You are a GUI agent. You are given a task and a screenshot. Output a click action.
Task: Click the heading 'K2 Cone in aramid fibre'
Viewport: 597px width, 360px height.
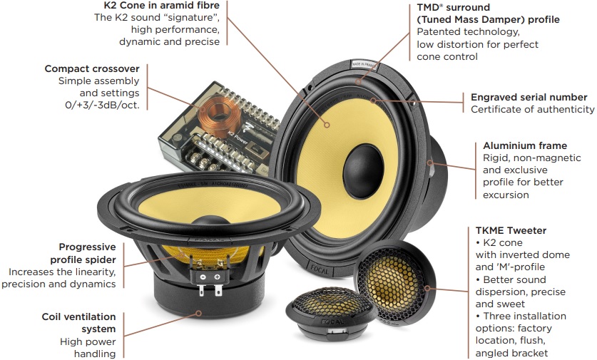point(162,5)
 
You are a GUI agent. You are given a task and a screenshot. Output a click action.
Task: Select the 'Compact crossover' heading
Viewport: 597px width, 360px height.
point(92,69)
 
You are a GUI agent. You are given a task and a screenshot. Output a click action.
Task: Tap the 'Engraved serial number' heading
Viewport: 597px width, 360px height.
point(529,98)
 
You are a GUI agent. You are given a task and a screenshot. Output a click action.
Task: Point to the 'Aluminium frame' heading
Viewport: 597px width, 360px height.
point(525,145)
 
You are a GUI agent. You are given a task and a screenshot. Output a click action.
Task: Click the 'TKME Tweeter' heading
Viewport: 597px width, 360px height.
point(511,230)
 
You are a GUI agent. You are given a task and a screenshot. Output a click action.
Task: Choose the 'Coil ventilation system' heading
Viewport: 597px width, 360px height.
point(78,323)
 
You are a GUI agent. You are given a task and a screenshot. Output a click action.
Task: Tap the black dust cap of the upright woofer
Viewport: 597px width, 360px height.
point(363,171)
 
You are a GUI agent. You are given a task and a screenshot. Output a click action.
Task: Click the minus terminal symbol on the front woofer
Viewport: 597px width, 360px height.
point(203,277)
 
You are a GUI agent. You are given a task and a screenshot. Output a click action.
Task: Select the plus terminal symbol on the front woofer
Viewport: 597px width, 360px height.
point(217,277)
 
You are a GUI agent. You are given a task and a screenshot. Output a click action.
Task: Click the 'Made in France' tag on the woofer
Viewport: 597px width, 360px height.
point(364,65)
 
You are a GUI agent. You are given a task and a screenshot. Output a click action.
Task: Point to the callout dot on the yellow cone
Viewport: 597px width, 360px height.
point(327,125)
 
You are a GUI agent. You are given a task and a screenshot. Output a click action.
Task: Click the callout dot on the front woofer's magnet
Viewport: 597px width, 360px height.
point(198,313)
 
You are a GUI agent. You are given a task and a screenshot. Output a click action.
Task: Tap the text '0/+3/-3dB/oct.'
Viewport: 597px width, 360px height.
point(102,106)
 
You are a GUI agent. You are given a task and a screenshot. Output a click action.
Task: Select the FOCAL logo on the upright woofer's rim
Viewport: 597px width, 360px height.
point(319,269)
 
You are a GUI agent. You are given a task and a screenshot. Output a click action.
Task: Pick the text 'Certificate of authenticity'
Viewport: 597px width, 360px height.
point(532,110)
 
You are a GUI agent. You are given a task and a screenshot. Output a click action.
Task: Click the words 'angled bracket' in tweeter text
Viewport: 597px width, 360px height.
point(511,353)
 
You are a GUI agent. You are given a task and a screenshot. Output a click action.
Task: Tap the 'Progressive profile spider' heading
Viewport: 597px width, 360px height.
point(83,254)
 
